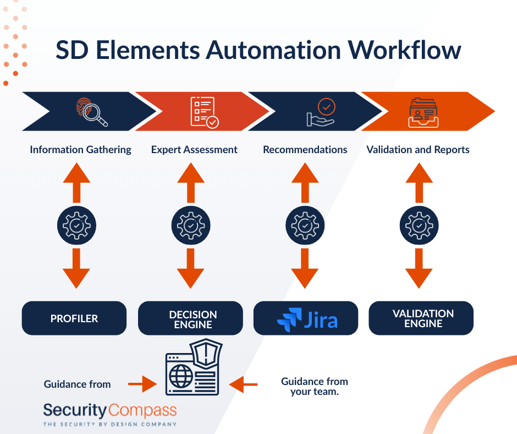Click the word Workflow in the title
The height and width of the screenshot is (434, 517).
click(405, 51)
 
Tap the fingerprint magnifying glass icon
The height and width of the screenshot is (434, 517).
click(92, 112)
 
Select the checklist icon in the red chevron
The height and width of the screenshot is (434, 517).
click(205, 112)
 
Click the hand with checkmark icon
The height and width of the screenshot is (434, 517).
click(321, 112)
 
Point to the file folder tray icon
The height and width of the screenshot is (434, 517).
click(424, 112)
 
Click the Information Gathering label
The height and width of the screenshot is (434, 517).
click(80, 150)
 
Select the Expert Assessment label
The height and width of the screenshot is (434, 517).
click(194, 150)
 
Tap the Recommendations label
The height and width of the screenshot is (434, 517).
click(305, 150)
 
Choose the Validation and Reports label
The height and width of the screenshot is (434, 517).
click(418, 150)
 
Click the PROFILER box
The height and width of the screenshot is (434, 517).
click(74, 318)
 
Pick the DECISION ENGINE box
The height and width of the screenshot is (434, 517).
click(191, 318)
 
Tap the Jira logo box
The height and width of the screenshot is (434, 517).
click(306, 318)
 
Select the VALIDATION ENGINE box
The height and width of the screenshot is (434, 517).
click(421, 318)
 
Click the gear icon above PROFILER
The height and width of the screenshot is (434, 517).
click(76, 225)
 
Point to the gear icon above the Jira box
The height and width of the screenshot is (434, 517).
click(305, 225)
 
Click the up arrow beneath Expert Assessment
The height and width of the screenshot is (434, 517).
click(191, 182)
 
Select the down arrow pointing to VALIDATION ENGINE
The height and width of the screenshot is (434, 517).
click(419, 269)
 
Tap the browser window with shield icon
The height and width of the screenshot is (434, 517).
click(194, 367)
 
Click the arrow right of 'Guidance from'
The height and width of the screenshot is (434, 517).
click(142, 384)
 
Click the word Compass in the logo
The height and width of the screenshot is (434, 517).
click(142, 410)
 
